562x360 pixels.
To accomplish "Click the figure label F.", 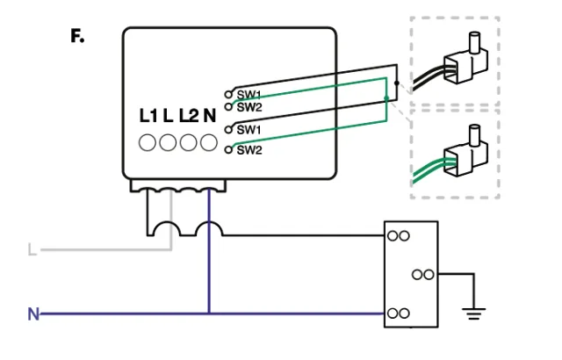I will (77, 37).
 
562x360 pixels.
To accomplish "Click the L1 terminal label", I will (148, 116).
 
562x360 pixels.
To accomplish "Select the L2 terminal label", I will (188, 116).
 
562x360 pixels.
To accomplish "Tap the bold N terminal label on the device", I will (209, 116).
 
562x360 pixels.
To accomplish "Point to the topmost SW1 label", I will (249, 94).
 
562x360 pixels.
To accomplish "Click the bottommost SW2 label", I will (249, 150).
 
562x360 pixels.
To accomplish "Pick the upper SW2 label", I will (249, 106).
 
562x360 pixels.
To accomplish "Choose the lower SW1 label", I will (249, 129).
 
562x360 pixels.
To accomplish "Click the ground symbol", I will (474, 310).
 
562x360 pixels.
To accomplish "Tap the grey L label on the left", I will (32, 250).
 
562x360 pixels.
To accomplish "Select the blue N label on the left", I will (33, 313).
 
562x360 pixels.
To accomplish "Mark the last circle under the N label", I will (209, 142).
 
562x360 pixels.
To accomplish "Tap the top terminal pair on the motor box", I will (399, 235).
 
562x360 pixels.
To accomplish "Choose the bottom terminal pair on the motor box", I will (399, 313).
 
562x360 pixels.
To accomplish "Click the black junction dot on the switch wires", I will (397, 83).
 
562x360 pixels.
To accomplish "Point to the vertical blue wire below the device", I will (209, 263).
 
